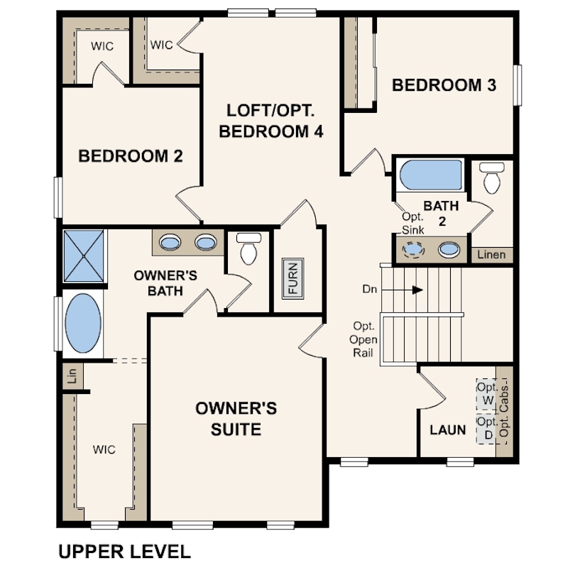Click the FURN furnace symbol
coord(292,279)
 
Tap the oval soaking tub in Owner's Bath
coord(83,323)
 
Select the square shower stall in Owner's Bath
coord(84,256)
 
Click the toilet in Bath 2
coord(492,178)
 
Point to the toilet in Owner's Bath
coord(248,248)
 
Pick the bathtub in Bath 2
coord(431,175)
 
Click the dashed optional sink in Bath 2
coord(414,250)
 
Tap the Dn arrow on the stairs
coord(403,290)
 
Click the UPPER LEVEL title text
coord(125,552)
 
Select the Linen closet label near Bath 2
coord(491,255)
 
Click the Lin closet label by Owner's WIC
coord(72,376)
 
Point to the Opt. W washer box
coord(486,395)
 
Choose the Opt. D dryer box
coord(486,429)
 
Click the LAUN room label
coord(448,429)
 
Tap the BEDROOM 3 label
coord(444,85)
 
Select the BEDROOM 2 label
coord(131,156)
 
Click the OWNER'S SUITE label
coord(236,419)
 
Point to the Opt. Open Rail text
coord(363,339)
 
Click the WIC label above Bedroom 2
coord(102,46)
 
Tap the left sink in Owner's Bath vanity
coord(170,242)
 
